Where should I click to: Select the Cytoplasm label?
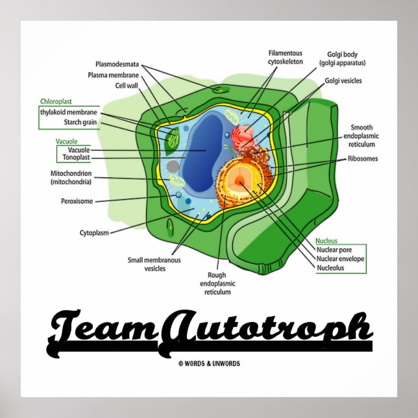(x=93, y=232)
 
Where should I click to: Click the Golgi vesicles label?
(x=343, y=81)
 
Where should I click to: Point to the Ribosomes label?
(x=363, y=158)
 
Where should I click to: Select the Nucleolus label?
(x=330, y=267)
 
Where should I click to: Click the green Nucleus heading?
(x=326, y=240)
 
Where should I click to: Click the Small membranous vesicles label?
(x=154, y=264)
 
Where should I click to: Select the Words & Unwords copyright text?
(x=209, y=363)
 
